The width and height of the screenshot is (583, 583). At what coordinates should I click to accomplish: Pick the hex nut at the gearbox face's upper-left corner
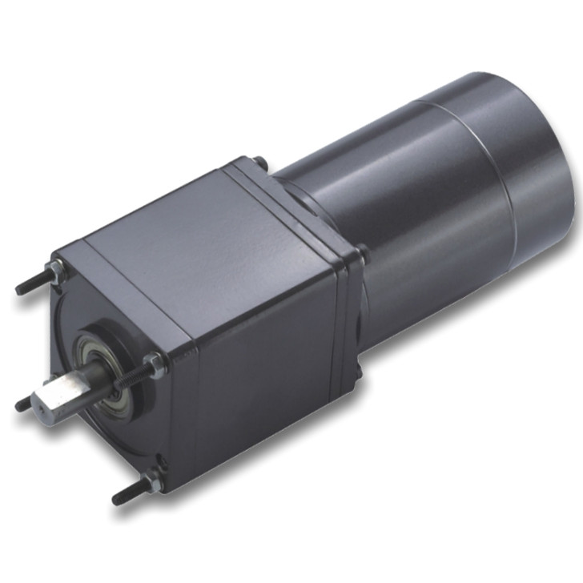coord(57,268)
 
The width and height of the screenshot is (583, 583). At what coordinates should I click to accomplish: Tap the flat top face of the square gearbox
coord(200,232)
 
